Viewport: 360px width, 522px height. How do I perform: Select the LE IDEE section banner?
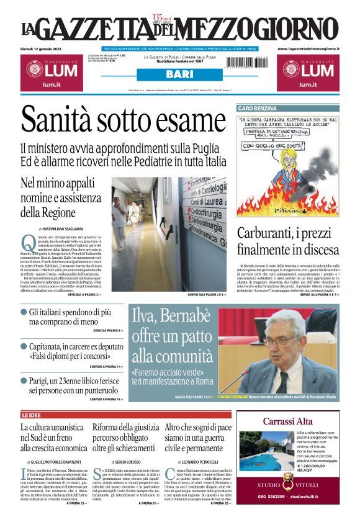pos(33,415)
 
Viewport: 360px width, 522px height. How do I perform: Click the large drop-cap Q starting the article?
pos(28,242)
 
